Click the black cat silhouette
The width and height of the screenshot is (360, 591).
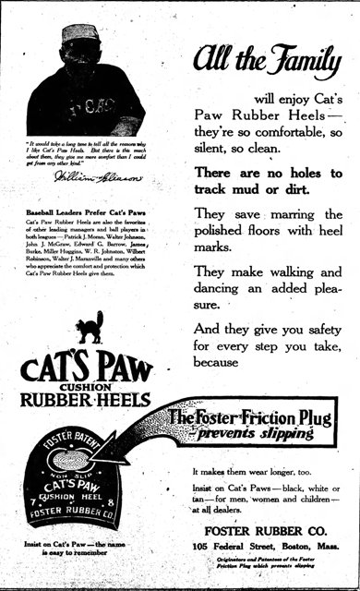[90, 328]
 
